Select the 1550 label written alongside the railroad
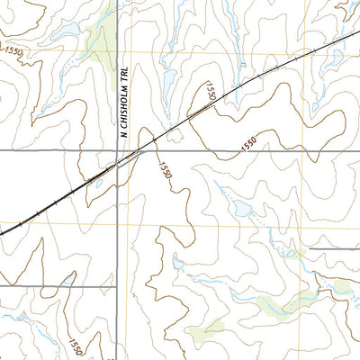(x=209, y=90)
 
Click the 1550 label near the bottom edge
(x=75, y=343)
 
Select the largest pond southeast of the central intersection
(x=241, y=211)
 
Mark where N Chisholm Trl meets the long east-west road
(x=119, y=151)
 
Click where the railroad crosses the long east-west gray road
(x=144, y=151)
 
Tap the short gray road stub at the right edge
(x=335, y=248)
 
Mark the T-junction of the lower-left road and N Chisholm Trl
(x=119, y=286)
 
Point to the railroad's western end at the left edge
(x=3, y=232)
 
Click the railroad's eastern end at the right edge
(x=357, y=36)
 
